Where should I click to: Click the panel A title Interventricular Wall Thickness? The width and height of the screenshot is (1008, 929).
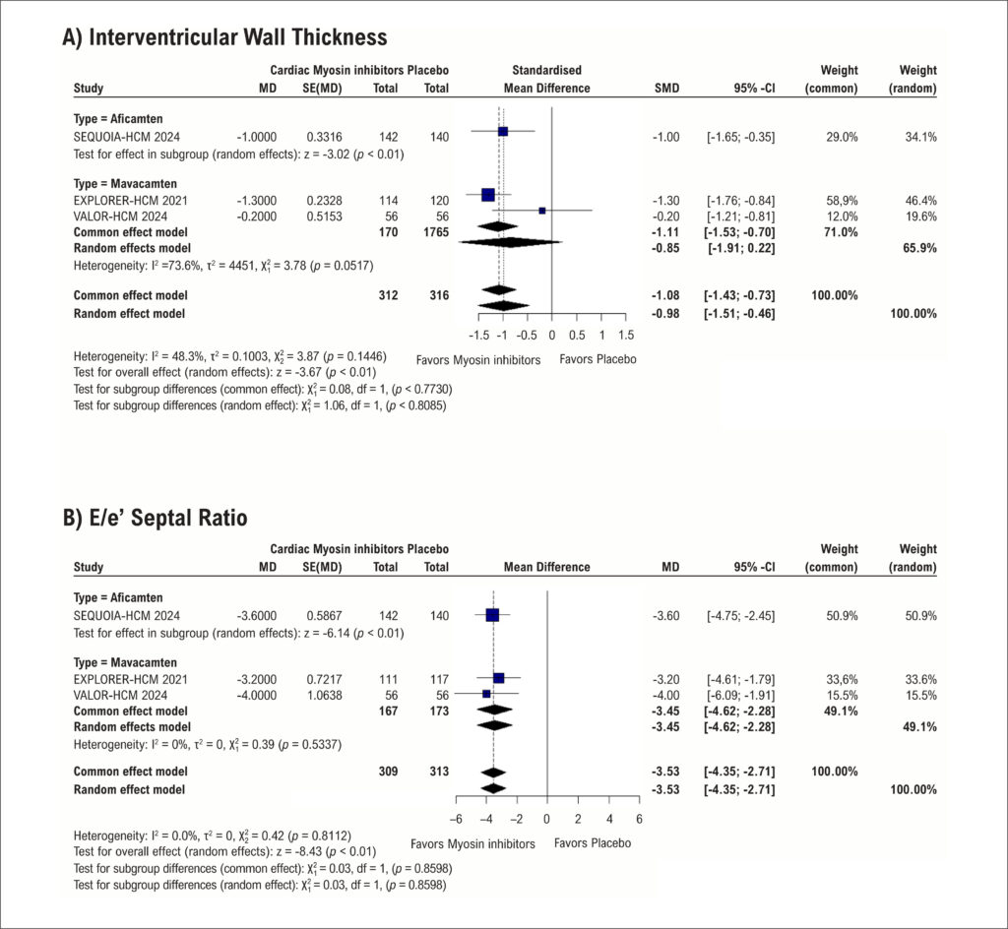224,37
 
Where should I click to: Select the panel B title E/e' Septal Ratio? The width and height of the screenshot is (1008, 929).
155,518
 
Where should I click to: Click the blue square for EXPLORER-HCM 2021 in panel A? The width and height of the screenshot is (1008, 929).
488,195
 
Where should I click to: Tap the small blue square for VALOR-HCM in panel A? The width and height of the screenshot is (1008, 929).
542,211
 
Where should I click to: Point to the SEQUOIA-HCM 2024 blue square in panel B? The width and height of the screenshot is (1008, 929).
492,615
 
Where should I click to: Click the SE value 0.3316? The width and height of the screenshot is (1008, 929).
324,137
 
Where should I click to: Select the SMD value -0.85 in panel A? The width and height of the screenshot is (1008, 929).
665,248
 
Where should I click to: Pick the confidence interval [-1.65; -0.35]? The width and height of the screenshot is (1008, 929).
740,137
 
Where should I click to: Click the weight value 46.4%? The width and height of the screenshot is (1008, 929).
920,201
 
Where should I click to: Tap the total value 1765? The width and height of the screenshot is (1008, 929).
436,232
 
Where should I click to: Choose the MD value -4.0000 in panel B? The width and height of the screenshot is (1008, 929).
257,695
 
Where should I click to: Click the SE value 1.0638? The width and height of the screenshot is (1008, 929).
324,695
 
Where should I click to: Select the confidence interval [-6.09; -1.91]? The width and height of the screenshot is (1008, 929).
740,695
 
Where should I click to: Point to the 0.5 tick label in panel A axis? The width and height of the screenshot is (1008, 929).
577,335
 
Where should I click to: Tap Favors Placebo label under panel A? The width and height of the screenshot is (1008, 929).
598,359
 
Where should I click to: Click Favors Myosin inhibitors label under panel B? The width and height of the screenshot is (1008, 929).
472,843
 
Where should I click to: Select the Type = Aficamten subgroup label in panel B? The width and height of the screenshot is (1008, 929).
118,597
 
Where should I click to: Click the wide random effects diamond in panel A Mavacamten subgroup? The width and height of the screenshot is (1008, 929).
511,242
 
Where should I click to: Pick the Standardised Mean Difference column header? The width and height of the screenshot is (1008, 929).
546,79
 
